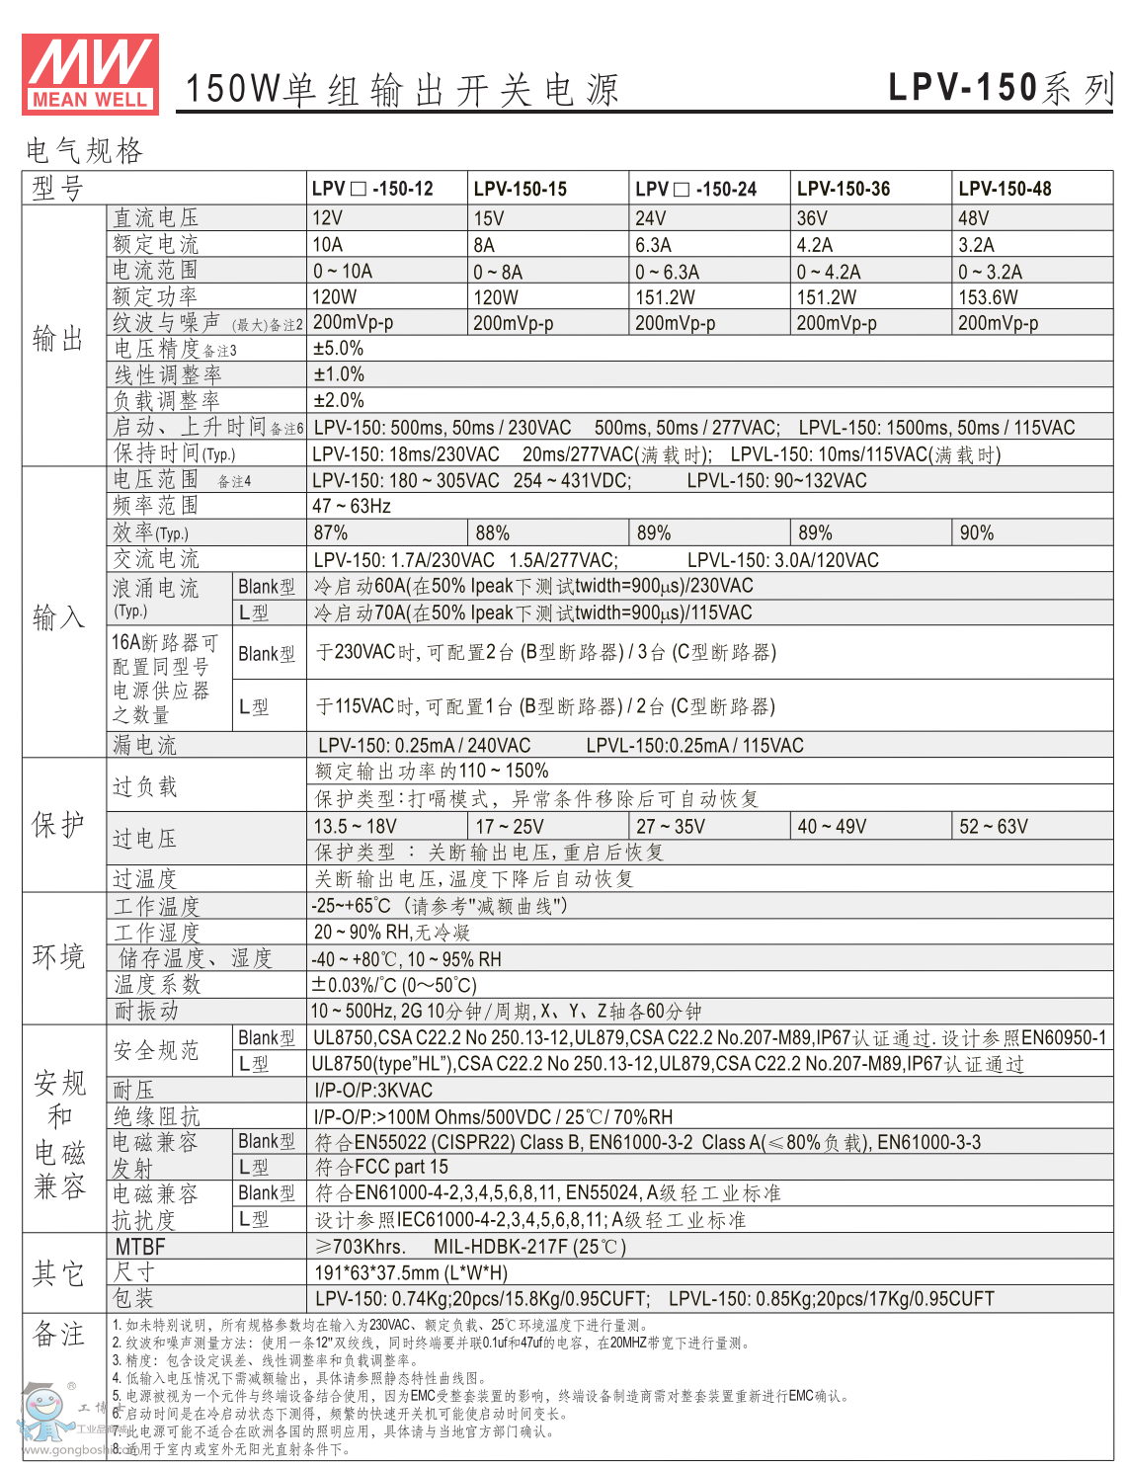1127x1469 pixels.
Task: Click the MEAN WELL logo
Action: (90, 74)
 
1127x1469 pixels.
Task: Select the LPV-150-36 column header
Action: (843, 189)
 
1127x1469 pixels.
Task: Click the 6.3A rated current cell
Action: (653, 245)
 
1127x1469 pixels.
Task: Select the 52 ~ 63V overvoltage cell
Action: (994, 827)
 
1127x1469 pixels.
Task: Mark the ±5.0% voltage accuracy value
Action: (338, 349)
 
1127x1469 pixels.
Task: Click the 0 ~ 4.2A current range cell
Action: (829, 272)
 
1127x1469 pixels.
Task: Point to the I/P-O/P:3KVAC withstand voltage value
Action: (373, 1091)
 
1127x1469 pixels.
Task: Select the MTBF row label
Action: (140, 1247)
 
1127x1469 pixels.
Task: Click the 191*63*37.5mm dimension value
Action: (411, 1273)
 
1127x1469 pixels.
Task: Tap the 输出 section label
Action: (58, 339)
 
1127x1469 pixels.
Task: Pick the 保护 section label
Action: (58, 825)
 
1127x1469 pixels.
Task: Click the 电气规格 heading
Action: (85, 151)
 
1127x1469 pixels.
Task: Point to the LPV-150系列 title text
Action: (1000, 88)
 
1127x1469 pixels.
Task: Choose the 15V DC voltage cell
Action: (489, 218)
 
